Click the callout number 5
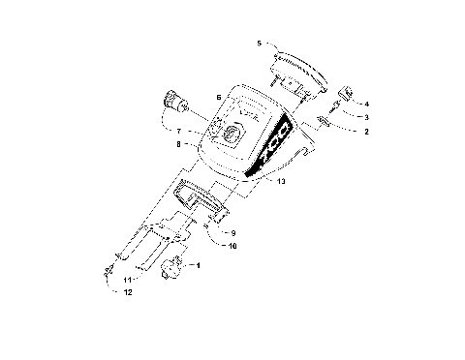coord(259,44)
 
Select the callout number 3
coord(365,116)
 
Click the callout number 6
coord(219,98)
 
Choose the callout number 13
coord(281,181)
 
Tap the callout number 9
coord(233,233)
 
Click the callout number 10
coord(233,246)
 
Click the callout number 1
coord(199,264)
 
